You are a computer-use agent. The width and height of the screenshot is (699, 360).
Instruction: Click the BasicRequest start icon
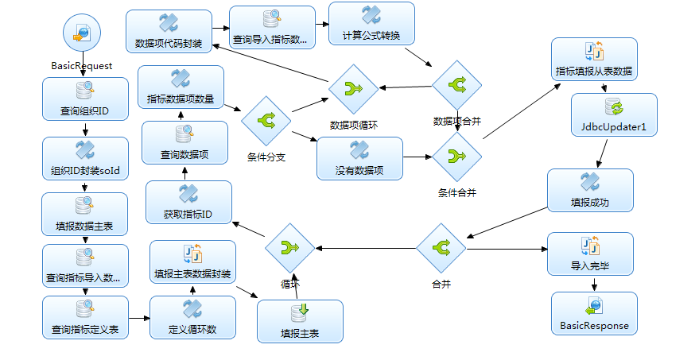(83, 36)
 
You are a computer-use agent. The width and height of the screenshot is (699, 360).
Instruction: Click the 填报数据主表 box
(85, 215)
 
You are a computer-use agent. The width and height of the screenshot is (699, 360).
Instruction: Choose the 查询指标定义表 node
(85, 317)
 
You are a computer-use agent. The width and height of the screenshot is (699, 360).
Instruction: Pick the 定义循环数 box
(192, 317)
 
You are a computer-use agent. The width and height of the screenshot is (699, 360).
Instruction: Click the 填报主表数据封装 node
(192, 261)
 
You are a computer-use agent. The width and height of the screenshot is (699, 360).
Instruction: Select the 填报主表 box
(300, 321)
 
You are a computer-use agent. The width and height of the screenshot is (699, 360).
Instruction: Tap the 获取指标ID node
(188, 202)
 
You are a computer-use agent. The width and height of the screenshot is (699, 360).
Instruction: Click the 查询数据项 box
(184, 143)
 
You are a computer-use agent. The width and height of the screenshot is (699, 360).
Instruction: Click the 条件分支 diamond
(266, 122)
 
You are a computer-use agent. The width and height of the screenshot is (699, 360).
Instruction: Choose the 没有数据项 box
(359, 158)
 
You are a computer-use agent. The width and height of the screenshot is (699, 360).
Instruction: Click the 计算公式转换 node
(371, 24)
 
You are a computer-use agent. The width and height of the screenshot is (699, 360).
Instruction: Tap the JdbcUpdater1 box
(614, 114)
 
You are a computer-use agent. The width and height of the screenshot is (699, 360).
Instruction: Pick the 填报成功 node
(590, 190)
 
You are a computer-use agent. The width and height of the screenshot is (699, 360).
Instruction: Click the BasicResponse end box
(594, 313)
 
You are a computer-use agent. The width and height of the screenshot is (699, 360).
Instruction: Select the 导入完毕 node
(590, 254)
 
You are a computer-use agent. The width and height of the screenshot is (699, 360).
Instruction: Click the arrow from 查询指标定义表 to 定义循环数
(139, 318)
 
